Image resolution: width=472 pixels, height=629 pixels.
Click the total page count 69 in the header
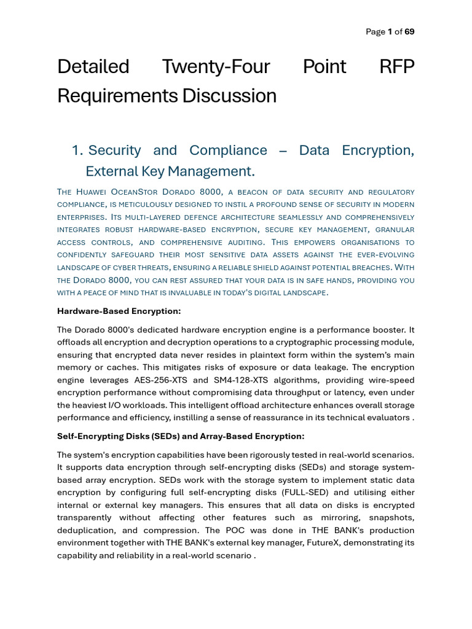pos(409,32)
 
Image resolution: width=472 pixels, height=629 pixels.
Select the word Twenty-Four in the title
pos(216,66)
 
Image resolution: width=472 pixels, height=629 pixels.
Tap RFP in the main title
pos(397,66)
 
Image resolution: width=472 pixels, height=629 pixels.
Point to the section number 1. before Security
pos(77,150)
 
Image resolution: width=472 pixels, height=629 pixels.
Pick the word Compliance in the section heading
pos(228,150)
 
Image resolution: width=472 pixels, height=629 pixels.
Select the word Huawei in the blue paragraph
pos(93,192)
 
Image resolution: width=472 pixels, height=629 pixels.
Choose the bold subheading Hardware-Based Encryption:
pos(119,311)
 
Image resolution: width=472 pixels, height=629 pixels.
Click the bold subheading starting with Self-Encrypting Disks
pos(181,436)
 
